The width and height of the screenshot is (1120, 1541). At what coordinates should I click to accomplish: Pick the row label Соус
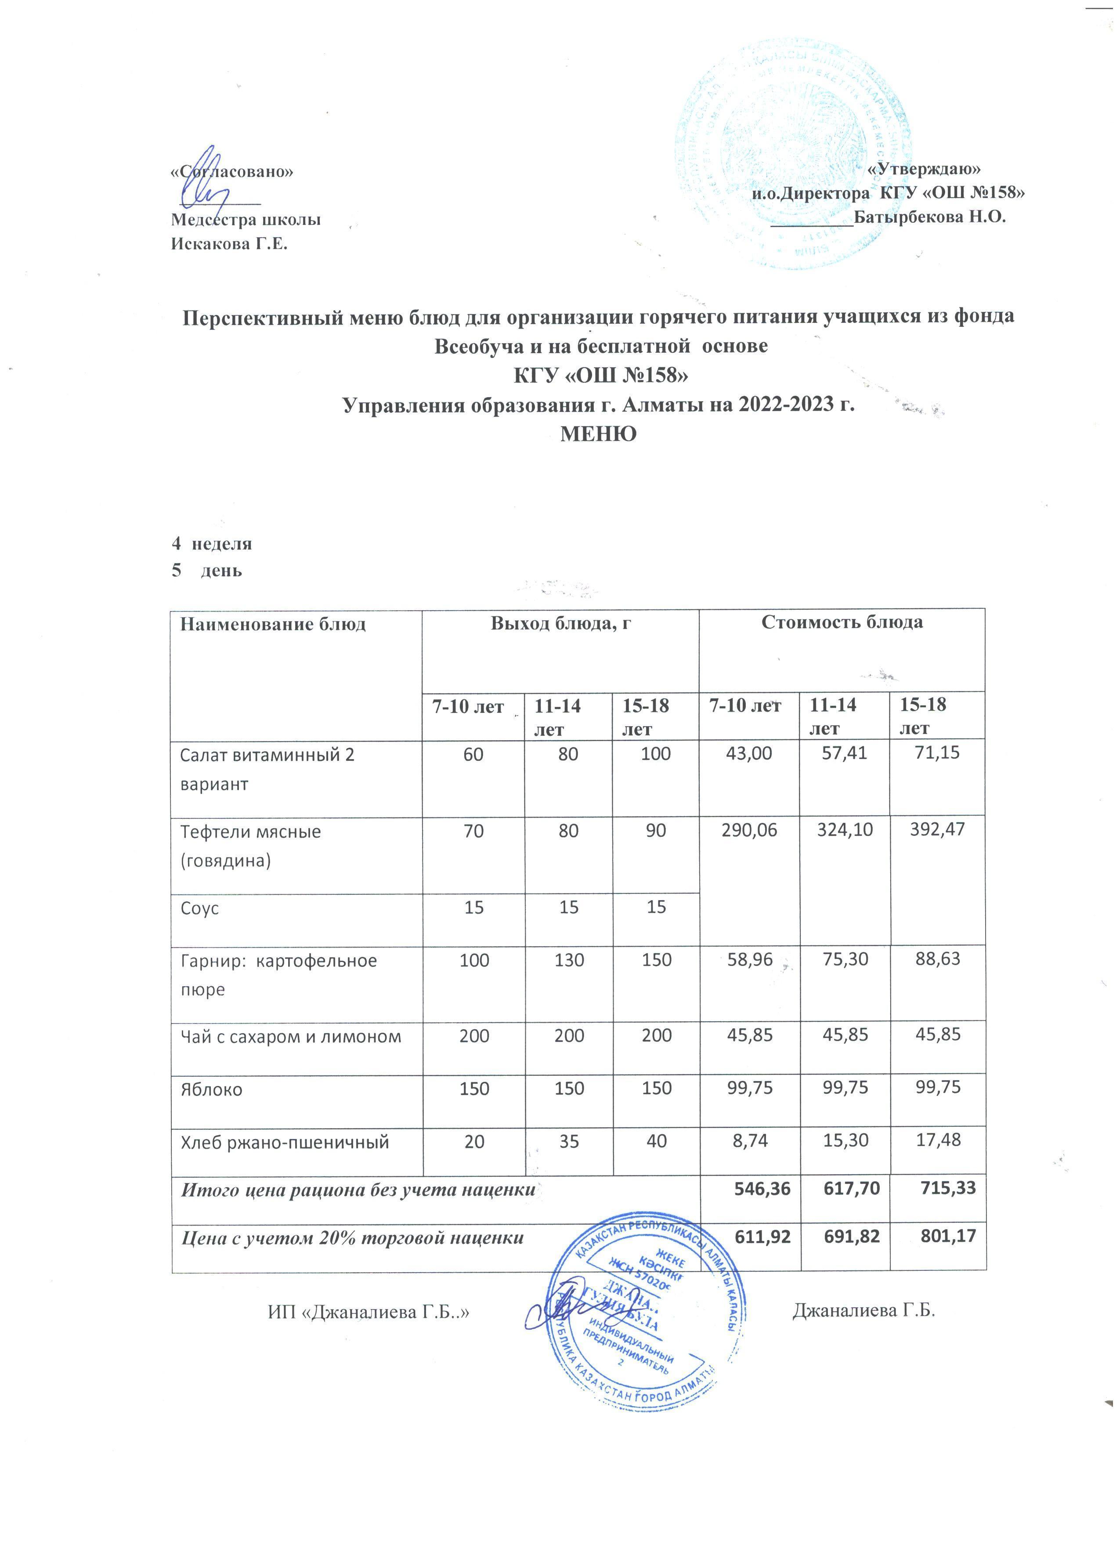[x=200, y=908]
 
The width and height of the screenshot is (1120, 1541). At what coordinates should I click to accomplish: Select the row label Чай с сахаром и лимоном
[x=291, y=1037]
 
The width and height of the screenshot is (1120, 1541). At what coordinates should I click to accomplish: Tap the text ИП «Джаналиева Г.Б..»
[x=369, y=1312]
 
